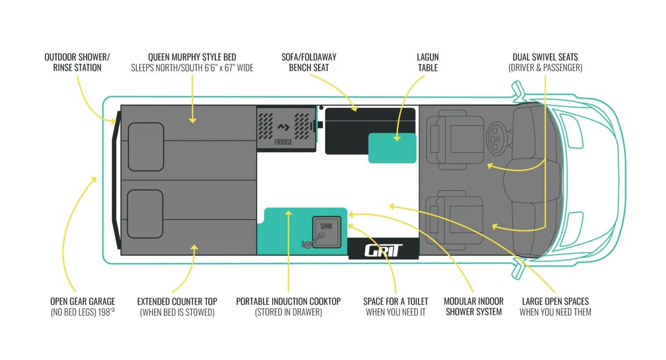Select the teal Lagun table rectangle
tap(392, 148)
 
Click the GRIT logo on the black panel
tap(383, 250)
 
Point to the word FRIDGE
tap(283, 142)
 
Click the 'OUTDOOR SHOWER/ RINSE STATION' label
tap(77, 62)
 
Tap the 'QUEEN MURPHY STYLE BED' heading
tap(192, 57)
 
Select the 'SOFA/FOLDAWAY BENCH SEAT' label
tap(309, 62)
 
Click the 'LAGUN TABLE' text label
tap(428, 62)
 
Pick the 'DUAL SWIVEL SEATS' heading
tap(545, 57)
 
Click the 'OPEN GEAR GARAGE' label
tap(82, 301)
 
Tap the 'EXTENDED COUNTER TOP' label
tap(177, 301)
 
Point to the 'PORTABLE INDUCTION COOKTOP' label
tap(288, 301)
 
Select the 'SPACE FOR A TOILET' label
tap(396, 301)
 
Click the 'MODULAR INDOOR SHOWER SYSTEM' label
tap(474, 306)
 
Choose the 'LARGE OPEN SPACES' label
tap(555, 301)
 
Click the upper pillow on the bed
tap(145, 146)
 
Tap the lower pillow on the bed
tap(145, 214)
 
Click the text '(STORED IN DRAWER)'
tap(288, 312)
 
